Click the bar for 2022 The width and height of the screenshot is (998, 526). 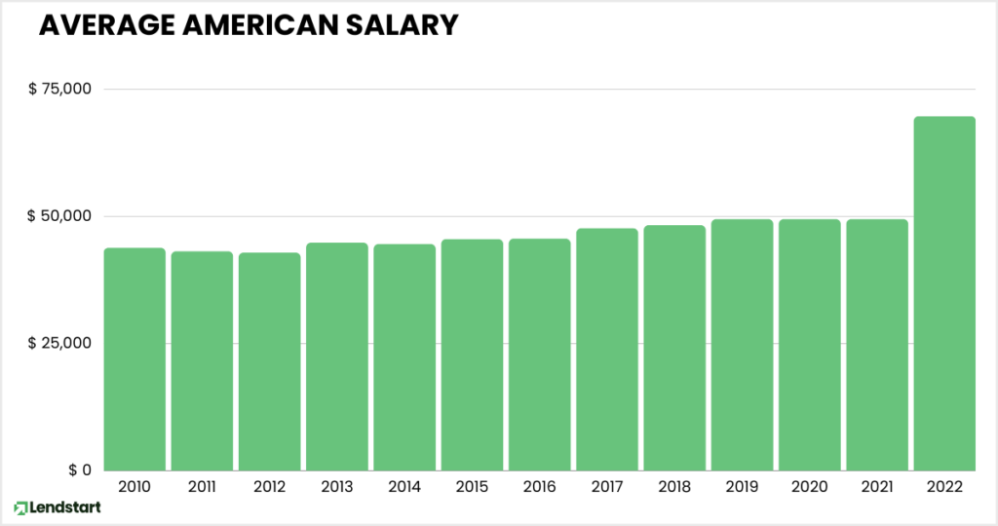(944, 292)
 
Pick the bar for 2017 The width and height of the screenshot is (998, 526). (606, 349)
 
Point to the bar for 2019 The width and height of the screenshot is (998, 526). (742, 344)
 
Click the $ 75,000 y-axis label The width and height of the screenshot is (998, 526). (59, 90)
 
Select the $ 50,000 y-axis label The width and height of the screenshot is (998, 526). (59, 216)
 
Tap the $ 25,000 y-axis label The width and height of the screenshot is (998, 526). (59, 343)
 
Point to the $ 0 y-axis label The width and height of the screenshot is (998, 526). (80, 470)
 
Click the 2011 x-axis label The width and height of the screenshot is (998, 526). (202, 486)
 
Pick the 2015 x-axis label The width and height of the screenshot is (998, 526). (472, 486)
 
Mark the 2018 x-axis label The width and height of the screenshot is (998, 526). (674, 486)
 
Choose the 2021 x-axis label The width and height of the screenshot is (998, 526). (877, 486)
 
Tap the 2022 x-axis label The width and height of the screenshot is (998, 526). (944, 486)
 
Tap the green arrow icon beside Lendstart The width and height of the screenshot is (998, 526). (20, 508)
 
